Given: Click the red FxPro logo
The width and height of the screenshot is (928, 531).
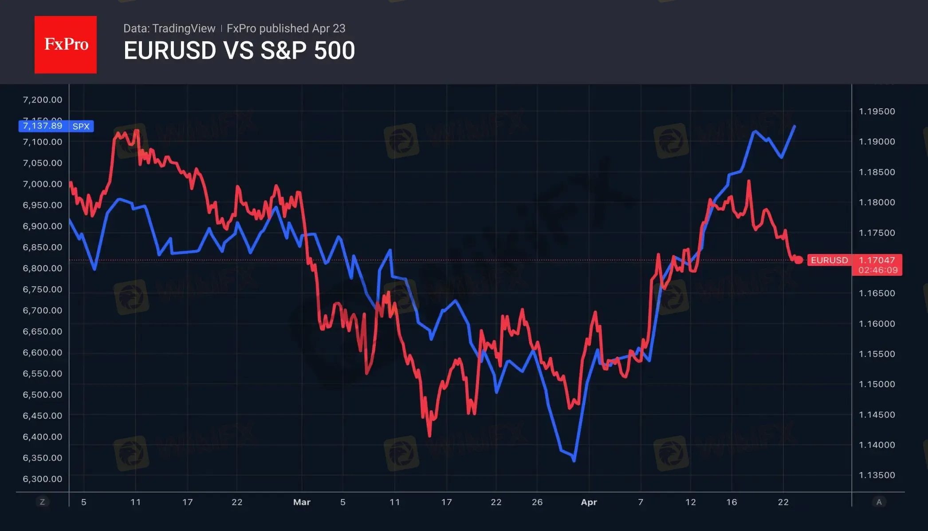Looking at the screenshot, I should [66, 44].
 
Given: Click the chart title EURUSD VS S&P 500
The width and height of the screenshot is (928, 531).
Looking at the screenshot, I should [239, 51].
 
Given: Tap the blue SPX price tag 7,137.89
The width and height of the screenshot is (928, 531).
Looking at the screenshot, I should [43, 126].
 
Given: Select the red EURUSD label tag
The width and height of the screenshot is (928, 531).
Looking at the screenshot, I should [829, 260].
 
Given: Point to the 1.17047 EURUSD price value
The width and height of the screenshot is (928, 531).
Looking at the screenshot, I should [877, 260].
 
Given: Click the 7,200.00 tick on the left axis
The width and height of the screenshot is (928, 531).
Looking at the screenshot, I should [43, 100].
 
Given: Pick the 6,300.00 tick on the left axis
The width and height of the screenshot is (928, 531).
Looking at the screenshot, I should [43, 479].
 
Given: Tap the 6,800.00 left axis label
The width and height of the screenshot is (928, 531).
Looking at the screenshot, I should [43, 268].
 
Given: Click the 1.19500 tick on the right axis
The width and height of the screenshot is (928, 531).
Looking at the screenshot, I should [877, 111].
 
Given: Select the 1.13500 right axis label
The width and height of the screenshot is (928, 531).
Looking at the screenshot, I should [877, 475].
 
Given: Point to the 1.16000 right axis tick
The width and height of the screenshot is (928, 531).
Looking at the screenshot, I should [877, 324].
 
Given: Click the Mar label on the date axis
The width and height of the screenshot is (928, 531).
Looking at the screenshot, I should [302, 502].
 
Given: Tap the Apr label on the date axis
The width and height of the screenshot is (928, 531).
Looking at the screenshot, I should [589, 502].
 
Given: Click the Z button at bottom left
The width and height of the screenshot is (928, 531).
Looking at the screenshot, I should [43, 502].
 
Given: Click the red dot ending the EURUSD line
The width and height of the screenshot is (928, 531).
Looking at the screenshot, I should [798, 260].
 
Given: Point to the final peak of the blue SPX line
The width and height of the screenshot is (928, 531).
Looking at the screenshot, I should [794, 127].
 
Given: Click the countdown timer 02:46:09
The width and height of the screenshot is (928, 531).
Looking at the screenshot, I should [877, 270].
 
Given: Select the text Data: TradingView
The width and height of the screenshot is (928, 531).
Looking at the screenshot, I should [169, 28].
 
